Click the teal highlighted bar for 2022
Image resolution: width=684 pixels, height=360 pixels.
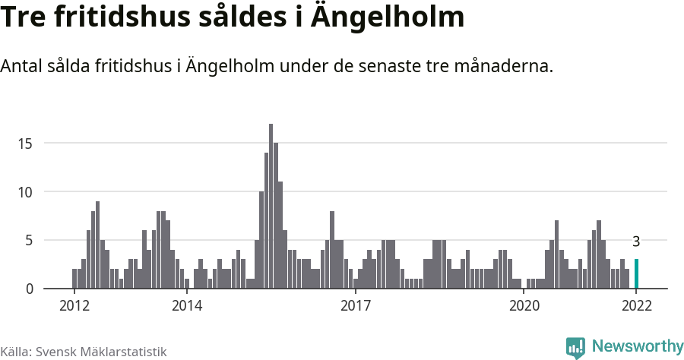coord(636,274)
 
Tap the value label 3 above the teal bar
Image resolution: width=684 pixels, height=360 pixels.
coord(636,242)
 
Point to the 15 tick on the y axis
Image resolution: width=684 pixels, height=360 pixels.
coord(27,144)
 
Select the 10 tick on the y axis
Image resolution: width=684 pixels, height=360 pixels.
coord(27,192)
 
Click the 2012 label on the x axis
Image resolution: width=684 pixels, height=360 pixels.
coord(74,306)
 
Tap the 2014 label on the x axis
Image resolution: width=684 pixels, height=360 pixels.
coord(187,306)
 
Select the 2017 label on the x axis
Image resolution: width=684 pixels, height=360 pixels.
coord(355,306)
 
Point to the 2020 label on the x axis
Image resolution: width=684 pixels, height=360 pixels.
coord(524,306)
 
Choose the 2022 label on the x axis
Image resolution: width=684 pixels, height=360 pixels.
coord(636,306)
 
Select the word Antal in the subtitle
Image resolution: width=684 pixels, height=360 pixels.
coord(21,67)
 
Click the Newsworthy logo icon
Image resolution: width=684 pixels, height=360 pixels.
coord(575,347)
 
